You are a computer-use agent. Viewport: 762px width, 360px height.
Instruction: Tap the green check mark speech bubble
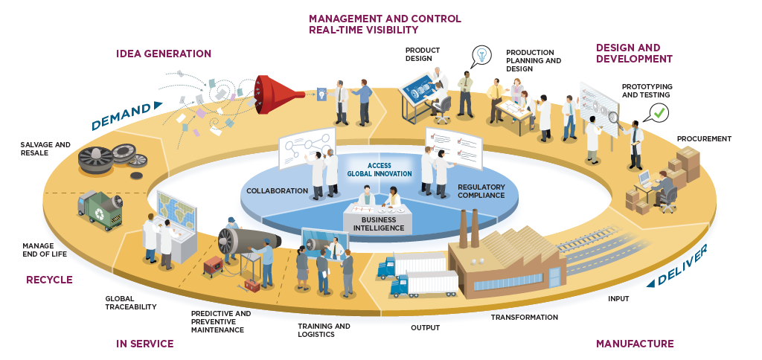coord(659,113)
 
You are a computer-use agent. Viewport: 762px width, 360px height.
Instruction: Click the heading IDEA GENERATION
coord(164,54)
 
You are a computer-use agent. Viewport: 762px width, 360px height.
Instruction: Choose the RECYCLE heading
coord(49,280)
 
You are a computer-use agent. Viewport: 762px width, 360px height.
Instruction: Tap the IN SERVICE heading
coord(144,344)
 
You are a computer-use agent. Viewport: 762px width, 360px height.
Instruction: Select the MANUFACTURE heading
coord(635,344)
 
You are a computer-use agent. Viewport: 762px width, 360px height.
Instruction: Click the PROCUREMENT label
coord(704,138)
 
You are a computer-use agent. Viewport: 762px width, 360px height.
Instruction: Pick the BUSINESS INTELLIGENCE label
coord(378,224)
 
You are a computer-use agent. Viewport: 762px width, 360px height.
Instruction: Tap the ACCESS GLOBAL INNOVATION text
coord(379,170)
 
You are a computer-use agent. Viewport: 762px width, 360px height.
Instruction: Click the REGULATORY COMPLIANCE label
coord(481,191)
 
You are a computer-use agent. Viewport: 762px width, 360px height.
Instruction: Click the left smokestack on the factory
coord(462,228)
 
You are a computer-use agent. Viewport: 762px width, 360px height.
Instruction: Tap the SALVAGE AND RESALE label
coord(45,149)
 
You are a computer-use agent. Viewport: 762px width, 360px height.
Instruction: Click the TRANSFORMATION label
coord(524,318)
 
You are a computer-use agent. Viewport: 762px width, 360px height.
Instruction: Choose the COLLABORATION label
coord(277,191)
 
